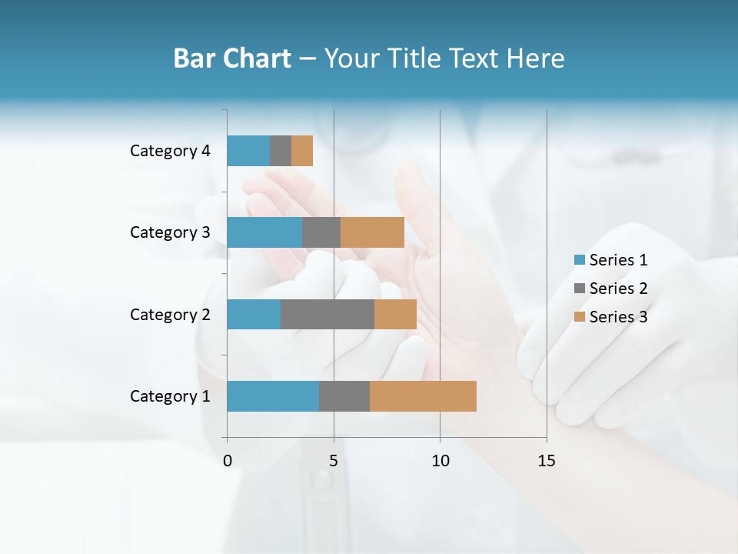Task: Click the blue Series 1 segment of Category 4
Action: coord(248,151)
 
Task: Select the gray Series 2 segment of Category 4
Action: coord(281,151)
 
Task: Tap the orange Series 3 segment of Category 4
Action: coord(302,151)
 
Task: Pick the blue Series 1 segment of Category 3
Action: coord(264,232)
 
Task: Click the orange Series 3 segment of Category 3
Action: coord(372,232)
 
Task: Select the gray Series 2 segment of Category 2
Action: coord(327,314)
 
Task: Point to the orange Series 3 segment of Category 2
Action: coord(395,314)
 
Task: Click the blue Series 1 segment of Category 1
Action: coord(273,396)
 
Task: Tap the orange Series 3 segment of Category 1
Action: coord(423,396)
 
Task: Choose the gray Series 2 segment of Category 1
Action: coord(344,396)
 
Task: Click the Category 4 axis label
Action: coord(170,151)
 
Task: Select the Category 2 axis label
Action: coord(170,315)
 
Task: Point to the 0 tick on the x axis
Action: coord(228,461)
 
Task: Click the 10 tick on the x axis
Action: coord(440,461)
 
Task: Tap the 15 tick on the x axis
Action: coord(546,461)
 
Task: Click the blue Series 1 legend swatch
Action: coord(579,260)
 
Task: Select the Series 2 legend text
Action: coord(618,289)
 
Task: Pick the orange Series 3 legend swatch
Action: coord(579,317)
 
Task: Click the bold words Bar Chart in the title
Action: coord(232,58)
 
